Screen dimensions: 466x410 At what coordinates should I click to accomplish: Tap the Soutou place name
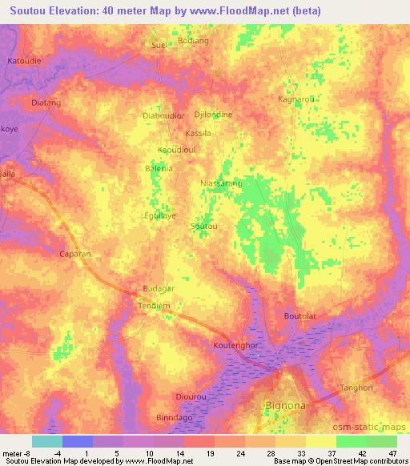pos(203,227)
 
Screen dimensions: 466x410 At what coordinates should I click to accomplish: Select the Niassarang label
pos(220,183)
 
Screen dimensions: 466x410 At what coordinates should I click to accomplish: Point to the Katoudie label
pos(23,61)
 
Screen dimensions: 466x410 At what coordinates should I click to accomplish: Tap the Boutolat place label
pos(300,316)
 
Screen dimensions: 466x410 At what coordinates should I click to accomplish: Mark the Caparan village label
pos(76,254)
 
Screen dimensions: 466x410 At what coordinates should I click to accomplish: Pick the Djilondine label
pos(213,114)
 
